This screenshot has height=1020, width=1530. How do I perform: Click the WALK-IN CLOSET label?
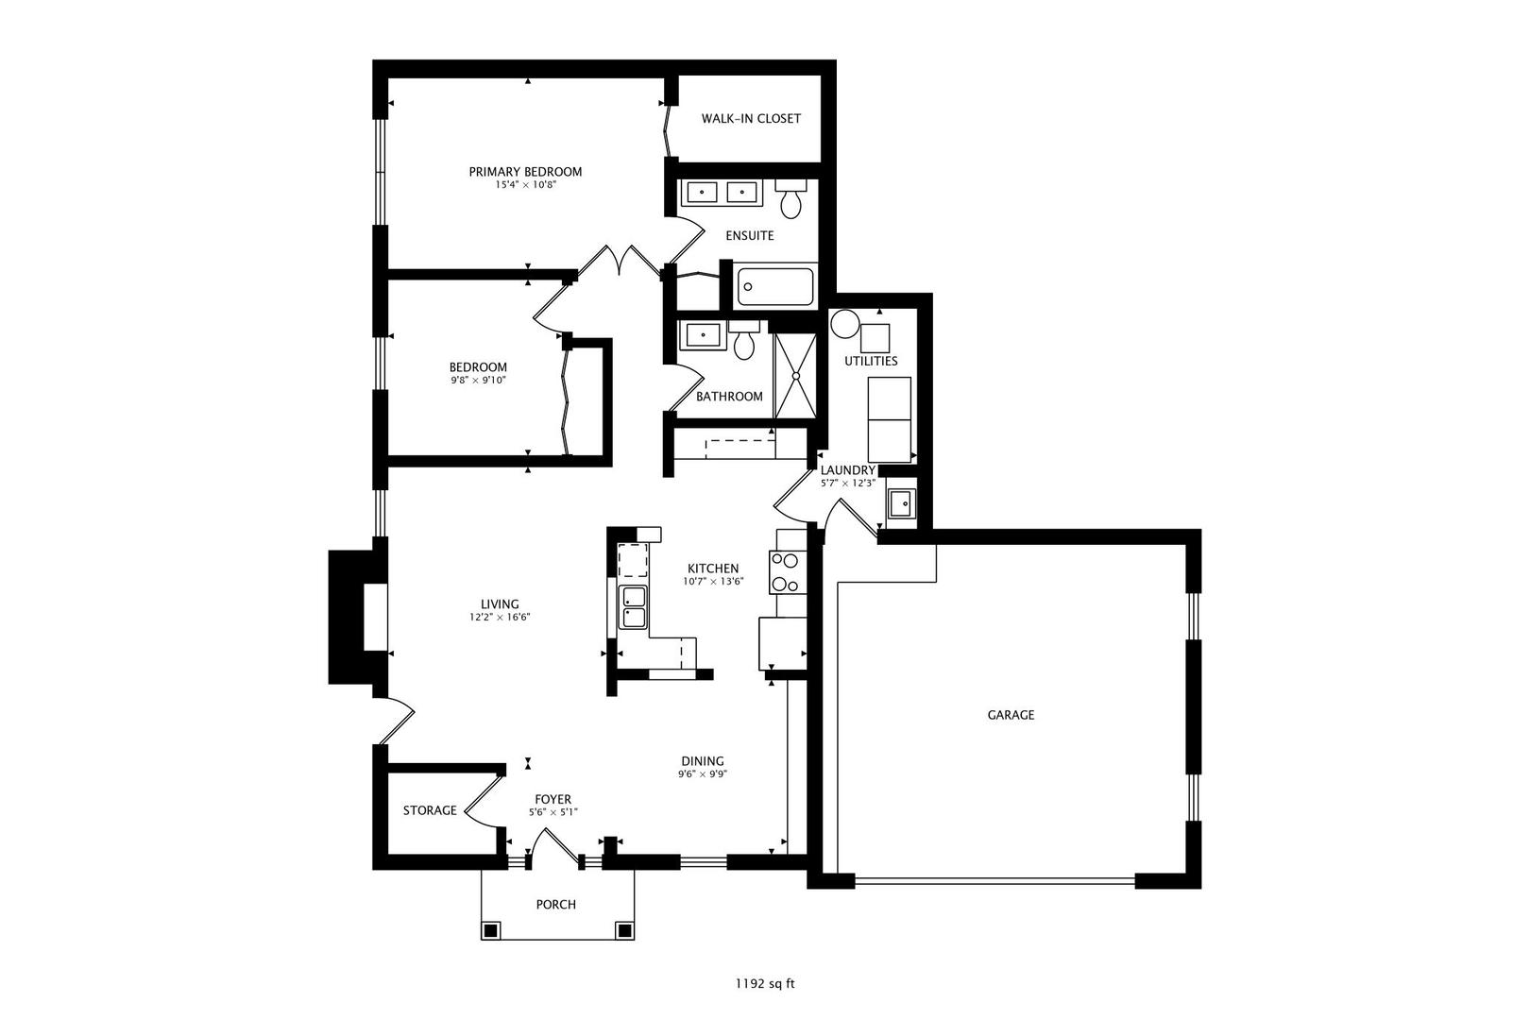pyautogui.click(x=751, y=118)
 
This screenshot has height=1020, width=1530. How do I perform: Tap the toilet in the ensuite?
pyautogui.click(x=790, y=199)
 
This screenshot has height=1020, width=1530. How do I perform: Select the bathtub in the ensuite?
pyautogui.click(x=775, y=287)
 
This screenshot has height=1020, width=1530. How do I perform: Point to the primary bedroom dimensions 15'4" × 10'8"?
pyautogui.click(x=525, y=184)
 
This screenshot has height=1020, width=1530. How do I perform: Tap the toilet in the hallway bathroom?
pyautogui.click(x=744, y=340)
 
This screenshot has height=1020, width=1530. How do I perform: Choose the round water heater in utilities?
pyautogui.click(x=845, y=324)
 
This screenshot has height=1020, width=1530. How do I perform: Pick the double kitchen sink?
pyautogui.click(x=633, y=607)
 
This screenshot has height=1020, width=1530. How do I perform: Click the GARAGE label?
pyautogui.click(x=1011, y=715)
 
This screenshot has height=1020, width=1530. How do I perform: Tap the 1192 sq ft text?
pyautogui.click(x=765, y=984)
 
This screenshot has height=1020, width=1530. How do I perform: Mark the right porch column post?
pyautogui.click(x=623, y=930)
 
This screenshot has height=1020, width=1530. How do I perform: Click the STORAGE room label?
pyautogui.click(x=430, y=811)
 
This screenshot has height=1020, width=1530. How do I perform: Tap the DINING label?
pyautogui.click(x=703, y=761)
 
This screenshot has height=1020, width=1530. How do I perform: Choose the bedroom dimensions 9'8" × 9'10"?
pyautogui.click(x=478, y=381)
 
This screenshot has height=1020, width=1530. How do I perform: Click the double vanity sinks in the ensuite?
pyautogui.click(x=721, y=193)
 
